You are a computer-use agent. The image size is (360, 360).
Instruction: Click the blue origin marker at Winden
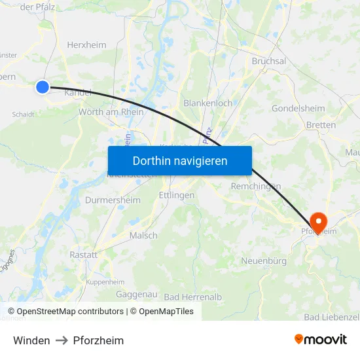[x=43, y=86]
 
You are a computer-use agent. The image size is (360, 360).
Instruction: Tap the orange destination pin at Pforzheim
[x=318, y=221]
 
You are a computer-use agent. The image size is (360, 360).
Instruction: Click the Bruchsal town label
[x=269, y=61]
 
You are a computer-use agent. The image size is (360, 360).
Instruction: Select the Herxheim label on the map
[x=86, y=45]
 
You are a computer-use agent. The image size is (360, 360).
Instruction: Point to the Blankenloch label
[x=207, y=103]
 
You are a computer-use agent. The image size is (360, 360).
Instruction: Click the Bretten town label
[x=321, y=124]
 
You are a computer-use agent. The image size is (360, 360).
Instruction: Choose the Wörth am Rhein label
[x=111, y=112]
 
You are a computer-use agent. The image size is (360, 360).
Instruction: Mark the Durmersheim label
[x=113, y=200]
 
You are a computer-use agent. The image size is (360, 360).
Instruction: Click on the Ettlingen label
[x=177, y=195]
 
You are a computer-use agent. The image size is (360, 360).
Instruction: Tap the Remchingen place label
[x=256, y=186]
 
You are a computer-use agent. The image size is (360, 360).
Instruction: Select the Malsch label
[x=143, y=235]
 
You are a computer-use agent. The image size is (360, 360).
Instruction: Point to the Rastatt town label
[x=83, y=255]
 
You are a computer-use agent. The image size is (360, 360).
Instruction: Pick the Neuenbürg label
[x=264, y=261]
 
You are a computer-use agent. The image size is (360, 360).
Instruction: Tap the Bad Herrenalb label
[x=193, y=297]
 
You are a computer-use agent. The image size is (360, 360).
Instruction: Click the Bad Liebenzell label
[x=331, y=317]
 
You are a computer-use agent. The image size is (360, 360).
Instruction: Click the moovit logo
[x=320, y=339]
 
